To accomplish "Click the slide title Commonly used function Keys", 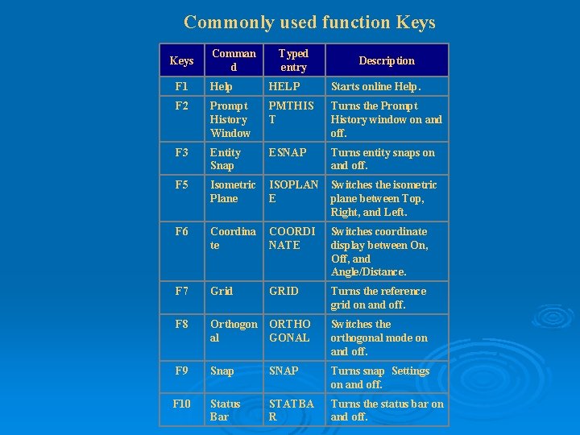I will tap(309, 22).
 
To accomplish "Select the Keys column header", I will tap(181, 60).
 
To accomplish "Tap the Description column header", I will tap(387, 60).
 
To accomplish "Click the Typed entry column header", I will tap(293, 60).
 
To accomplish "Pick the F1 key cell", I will tap(181, 86).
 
